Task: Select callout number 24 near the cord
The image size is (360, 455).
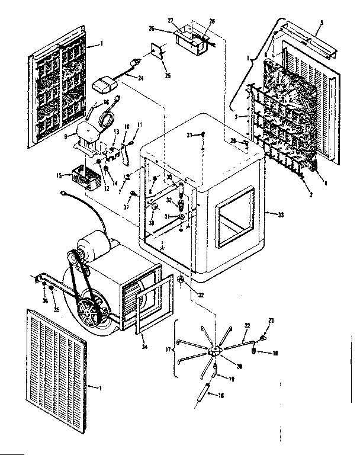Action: (x=141, y=76)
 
